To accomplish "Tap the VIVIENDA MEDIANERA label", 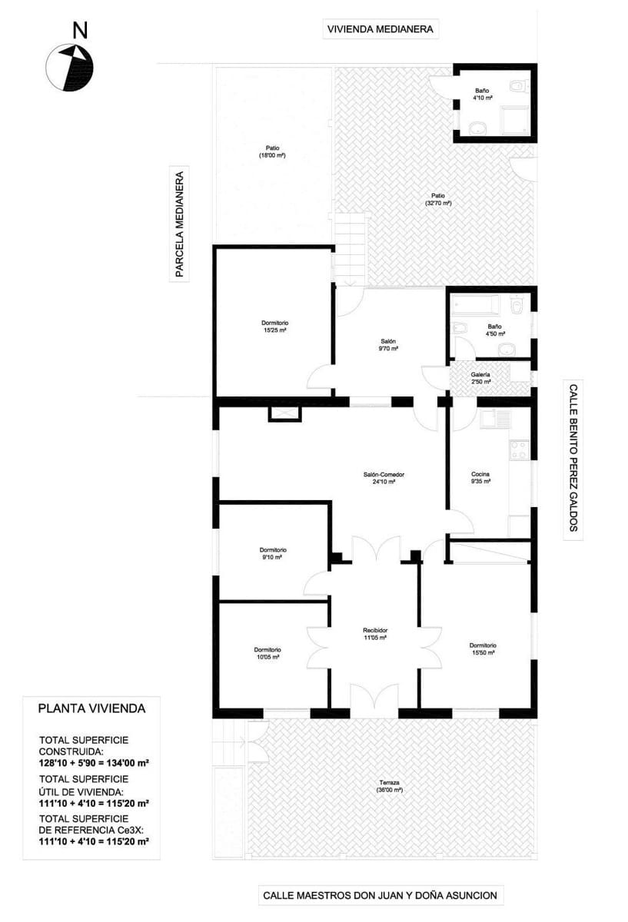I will tap(380, 30).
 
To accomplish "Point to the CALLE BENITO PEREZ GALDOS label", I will tap(572, 457).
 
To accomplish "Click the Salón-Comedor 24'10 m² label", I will tap(384, 478).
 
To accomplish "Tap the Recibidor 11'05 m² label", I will tap(375, 634).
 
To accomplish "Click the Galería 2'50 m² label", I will tap(481, 378).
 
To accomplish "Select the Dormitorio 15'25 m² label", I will tap(274, 327).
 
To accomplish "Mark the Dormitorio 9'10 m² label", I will tap(273, 554).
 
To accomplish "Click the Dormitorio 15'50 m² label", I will tap(483, 649).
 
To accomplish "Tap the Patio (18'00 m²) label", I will tap(272, 151).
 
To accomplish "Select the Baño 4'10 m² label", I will tap(482, 95).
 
